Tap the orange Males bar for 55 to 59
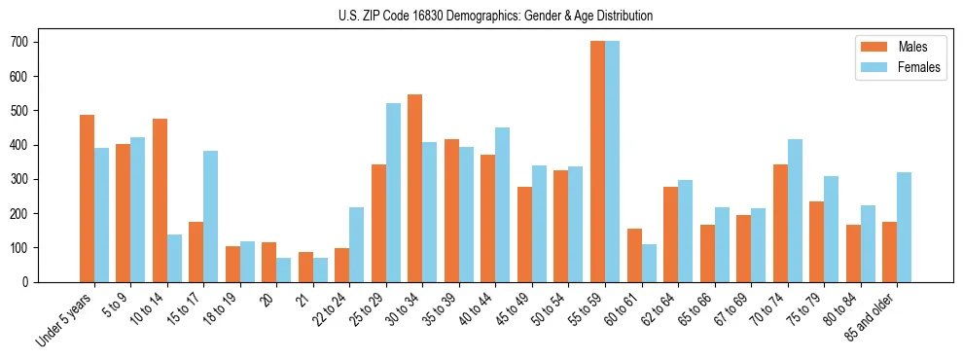[597, 162]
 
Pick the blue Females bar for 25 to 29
[393, 193]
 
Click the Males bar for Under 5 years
[87, 198]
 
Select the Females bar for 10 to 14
[174, 258]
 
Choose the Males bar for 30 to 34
[415, 188]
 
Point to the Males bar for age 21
[305, 267]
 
